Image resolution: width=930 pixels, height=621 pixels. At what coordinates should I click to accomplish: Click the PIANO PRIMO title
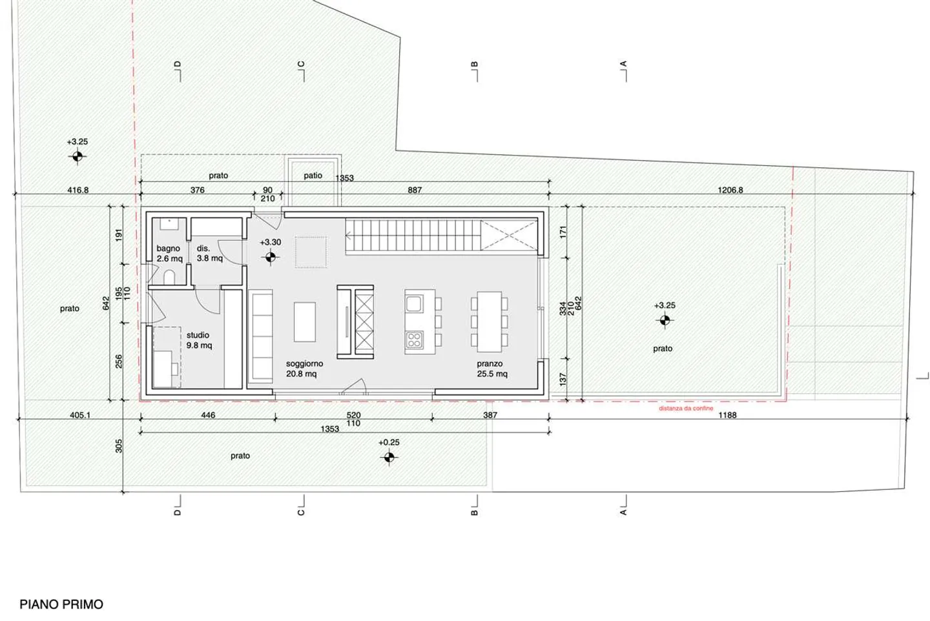coord(61,604)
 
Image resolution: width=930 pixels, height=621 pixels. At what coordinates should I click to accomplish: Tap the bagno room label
coord(168,249)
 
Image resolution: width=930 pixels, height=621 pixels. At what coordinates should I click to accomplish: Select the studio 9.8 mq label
coord(199,340)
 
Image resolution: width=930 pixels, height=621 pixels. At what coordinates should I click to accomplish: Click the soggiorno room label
coord(304,363)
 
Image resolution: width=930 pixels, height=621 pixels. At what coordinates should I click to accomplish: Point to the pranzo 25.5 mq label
coord(492,369)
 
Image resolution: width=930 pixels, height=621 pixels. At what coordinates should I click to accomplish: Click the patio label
coord(313,176)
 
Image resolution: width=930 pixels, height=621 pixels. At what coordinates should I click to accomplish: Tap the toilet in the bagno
coord(169,278)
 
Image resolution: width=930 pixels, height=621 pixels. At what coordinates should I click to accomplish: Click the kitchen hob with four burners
coord(415,340)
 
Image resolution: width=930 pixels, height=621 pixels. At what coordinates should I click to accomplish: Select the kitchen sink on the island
coord(415,303)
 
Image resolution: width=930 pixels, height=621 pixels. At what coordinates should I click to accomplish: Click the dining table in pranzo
coord(490,321)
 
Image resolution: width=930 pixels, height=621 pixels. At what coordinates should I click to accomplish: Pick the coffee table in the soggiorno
coord(305,322)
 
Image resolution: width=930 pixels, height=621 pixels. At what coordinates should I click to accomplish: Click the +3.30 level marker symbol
coord(270,258)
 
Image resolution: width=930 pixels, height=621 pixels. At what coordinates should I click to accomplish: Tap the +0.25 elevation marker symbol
coord(389,458)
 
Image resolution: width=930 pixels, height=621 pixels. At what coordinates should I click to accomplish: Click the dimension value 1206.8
coord(730,190)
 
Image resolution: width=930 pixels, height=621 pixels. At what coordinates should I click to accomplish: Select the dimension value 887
coord(415,190)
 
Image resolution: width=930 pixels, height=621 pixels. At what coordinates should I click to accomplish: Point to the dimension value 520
coord(353,415)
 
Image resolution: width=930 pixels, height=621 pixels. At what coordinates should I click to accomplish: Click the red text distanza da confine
coord(686,409)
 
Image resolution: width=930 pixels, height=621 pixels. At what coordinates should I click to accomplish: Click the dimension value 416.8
coord(78,190)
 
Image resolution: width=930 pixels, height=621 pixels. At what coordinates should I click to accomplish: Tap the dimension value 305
coord(119,446)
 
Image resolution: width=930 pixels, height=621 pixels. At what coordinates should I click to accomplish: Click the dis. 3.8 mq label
coord(210,253)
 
